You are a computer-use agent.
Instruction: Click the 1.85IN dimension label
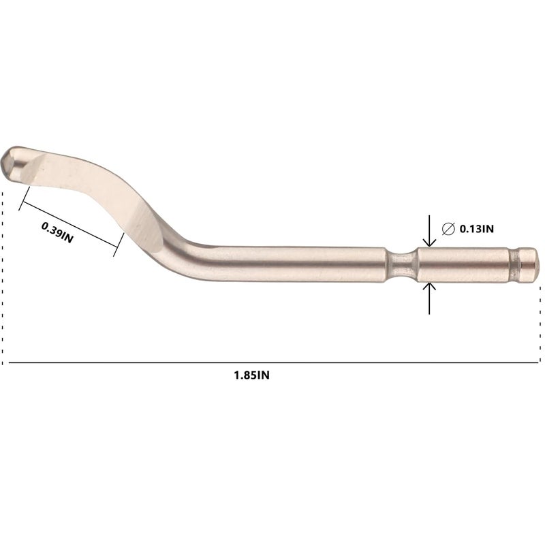point(251,375)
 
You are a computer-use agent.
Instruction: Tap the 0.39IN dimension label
point(57,232)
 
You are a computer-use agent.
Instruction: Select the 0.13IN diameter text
point(476,229)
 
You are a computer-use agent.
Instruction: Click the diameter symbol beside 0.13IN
point(448,229)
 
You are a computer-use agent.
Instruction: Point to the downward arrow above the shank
point(430,231)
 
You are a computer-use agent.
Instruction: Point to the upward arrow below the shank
point(430,298)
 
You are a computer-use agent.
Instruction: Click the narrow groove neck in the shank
point(401,265)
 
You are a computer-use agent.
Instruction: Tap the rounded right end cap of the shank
point(529,265)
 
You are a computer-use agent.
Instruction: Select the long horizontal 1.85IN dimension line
point(274,363)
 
